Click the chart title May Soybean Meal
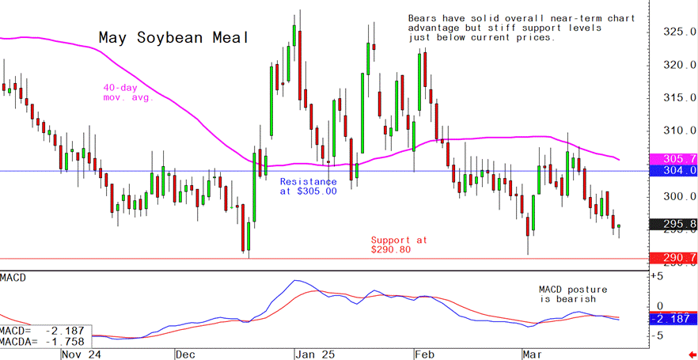pos(173,38)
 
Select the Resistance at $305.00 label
pos(308,186)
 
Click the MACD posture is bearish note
pos(567,294)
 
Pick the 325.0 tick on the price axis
pos(679,32)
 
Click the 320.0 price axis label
pos(679,65)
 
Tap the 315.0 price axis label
pos(679,97)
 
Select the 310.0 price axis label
pos(679,131)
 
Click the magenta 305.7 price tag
pos(672,158)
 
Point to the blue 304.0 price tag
pos(672,170)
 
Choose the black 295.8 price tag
pos(672,225)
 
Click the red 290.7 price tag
pos(672,258)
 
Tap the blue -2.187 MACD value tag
pos(672,318)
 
